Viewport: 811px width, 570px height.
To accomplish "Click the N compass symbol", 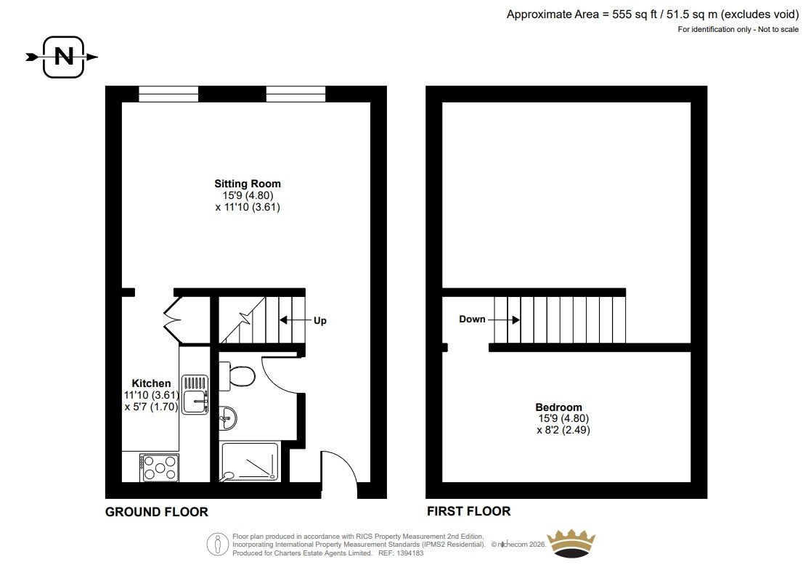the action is [x=62, y=57].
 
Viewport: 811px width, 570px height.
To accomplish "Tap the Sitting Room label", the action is [x=248, y=184].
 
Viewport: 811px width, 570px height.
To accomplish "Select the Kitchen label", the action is [x=151, y=383].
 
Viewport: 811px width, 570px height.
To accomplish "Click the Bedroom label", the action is [x=558, y=407].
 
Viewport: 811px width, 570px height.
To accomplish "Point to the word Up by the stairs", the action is [x=320, y=321].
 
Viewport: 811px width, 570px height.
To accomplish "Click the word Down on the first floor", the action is [x=472, y=319].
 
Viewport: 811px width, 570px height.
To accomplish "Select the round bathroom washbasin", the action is [x=227, y=418].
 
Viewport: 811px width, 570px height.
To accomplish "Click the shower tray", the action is [x=250, y=462].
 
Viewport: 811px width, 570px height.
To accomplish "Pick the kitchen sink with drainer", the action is [x=195, y=395].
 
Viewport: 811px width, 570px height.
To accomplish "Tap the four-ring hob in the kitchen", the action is [x=159, y=468].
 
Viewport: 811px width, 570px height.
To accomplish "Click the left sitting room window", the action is [x=168, y=94].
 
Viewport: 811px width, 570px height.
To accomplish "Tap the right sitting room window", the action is [x=296, y=94].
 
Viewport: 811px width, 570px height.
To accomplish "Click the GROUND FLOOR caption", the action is [x=157, y=512].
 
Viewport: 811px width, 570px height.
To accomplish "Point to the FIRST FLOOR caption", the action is [x=468, y=512].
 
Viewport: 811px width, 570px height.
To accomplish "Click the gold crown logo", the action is [x=571, y=544].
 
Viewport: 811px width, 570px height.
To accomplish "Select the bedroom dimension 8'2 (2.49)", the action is [x=563, y=430].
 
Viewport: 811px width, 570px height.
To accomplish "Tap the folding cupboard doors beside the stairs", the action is [x=173, y=319].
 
